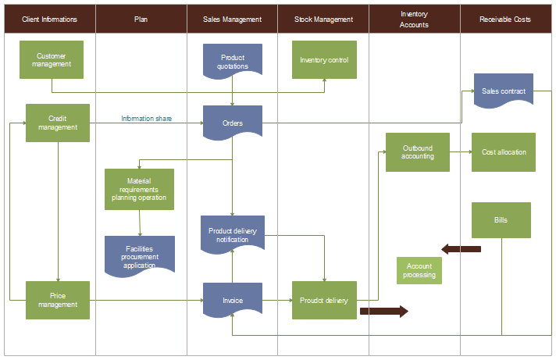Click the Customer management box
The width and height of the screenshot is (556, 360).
click(x=52, y=59)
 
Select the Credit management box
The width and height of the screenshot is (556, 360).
click(x=58, y=123)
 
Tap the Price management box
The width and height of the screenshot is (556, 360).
click(x=58, y=300)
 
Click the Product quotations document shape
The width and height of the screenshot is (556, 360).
click(x=233, y=62)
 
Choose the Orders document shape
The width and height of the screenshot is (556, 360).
click(x=233, y=123)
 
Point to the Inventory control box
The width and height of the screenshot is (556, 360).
click(x=324, y=59)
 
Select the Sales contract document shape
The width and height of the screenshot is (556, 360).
click(x=503, y=91)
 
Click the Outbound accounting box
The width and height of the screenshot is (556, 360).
click(x=418, y=151)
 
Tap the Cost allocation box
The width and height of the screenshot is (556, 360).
click(x=504, y=151)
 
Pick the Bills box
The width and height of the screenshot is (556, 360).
click(x=501, y=220)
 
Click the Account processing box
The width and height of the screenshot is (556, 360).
click(x=419, y=270)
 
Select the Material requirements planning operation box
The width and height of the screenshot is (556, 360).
click(x=140, y=189)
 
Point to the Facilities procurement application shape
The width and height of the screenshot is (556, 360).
click(x=140, y=255)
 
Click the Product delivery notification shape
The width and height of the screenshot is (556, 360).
click(x=233, y=234)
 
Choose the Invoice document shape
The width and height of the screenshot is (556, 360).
click(x=233, y=300)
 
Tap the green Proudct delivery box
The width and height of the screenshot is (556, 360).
click(x=324, y=300)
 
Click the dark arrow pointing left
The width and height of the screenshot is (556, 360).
click(x=461, y=249)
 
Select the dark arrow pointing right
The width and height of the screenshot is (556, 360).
click(x=383, y=311)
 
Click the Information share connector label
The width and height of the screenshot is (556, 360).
click(x=146, y=119)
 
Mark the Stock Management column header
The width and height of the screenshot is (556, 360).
click(x=323, y=20)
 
